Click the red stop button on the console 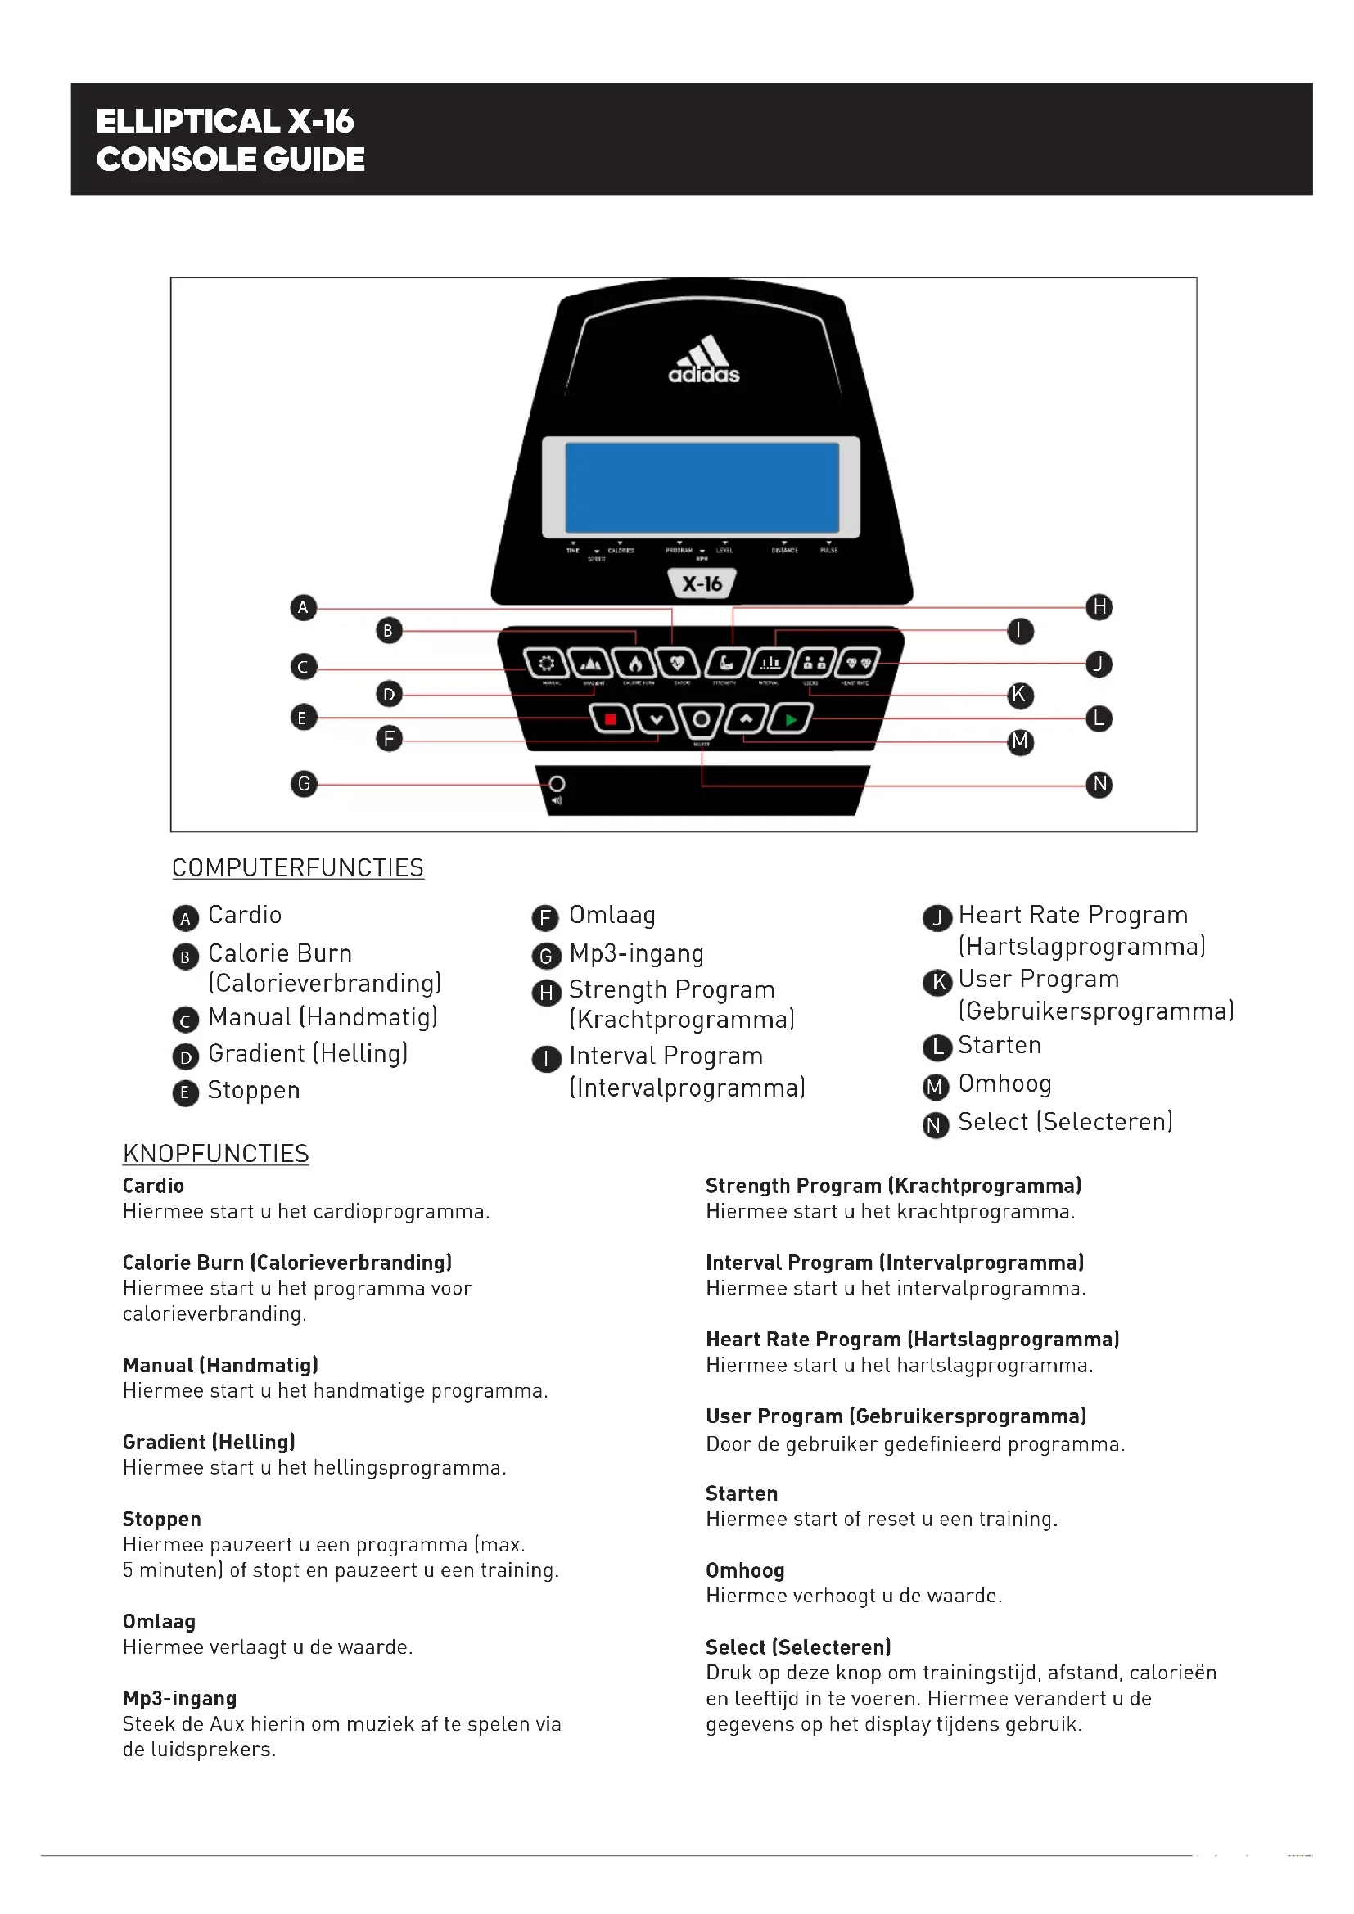pos(611,718)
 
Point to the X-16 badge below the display pos(702,583)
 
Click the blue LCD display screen pos(702,488)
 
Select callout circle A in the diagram pos(304,607)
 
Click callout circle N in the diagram pos(1099,785)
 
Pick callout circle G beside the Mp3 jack pos(304,784)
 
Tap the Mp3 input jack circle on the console pos(557,784)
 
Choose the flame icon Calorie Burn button pos(635,664)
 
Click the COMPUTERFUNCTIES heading pos(298,867)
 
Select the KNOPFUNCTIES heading pos(215,1154)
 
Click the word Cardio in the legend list pos(244,916)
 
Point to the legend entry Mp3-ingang pos(636,953)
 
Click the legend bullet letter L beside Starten pos(937,1047)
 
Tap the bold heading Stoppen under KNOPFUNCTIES pos(162,1519)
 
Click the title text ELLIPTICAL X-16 pos(225,122)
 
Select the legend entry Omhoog pos(1004,1083)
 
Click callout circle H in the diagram pos(1099,607)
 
